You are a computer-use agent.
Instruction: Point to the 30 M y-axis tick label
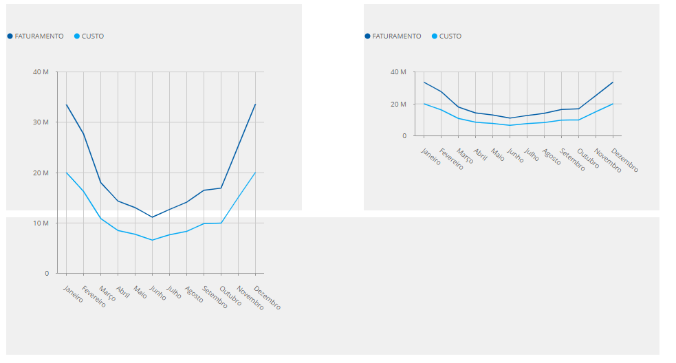click(41, 122)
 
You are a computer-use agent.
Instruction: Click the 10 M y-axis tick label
click(41, 223)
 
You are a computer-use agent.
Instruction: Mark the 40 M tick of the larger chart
click(41, 72)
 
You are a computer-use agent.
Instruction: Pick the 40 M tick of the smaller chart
click(398, 72)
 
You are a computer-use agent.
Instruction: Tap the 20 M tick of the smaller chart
click(398, 104)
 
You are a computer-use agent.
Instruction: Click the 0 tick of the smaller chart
click(404, 136)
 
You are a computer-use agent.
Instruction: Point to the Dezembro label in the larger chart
click(268, 298)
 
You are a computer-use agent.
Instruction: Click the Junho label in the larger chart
click(157, 294)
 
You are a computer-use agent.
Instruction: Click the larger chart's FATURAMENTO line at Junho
click(152, 217)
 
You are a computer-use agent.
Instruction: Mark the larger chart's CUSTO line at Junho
click(152, 240)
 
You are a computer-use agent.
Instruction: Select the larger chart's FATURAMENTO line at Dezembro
click(255, 104)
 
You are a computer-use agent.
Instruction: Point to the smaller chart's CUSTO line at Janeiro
click(424, 104)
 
